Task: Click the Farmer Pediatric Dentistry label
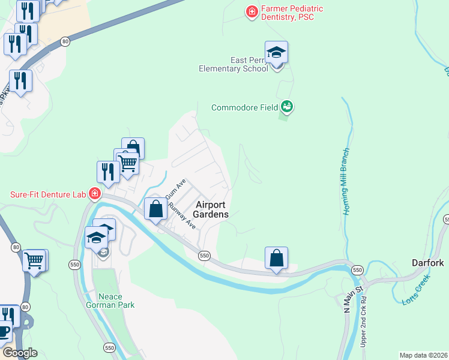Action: pyautogui.click(x=292, y=13)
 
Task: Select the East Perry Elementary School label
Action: pyautogui.click(x=234, y=64)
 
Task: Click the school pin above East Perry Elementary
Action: pyautogui.click(x=276, y=53)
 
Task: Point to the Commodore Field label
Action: pyautogui.click(x=244, y=108)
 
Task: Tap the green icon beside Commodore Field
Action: pyautogui.click(x=287, y=107)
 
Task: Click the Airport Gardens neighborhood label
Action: pyautogui.click(x=212, y=209)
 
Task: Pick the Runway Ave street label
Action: pyautogui.click(x=182, y=215)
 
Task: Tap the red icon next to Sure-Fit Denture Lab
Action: pyautogui.click(x=94, y=194)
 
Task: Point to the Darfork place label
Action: pyautogui.click(x=427, y=263)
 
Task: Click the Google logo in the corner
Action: pyautogui.click(x=19, y=353)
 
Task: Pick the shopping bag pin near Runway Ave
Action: pyautogui.click(x=156, y=210)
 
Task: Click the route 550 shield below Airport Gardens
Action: pyautogui.click(x=205, y=256)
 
